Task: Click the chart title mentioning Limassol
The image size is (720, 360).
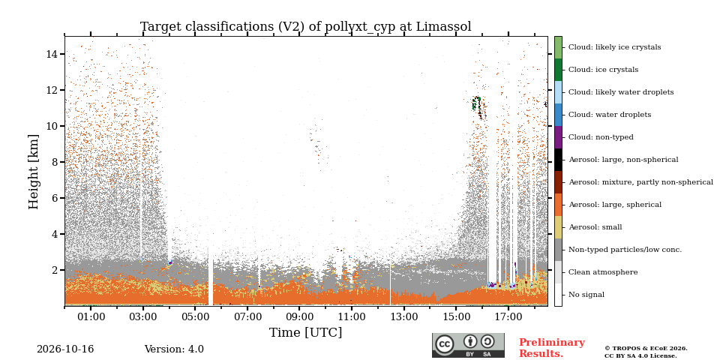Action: pos(305,27)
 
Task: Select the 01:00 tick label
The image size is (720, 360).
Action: pos(91,316)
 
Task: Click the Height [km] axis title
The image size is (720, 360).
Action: pos(34,172)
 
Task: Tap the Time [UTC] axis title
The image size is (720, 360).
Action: pos(305,332)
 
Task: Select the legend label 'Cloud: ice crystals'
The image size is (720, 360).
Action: pos(603,70)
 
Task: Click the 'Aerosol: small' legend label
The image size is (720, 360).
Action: pos(595,227)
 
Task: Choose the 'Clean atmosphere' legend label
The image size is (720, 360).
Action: pos(603,272)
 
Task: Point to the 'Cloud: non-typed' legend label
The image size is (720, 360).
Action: pos(601,137)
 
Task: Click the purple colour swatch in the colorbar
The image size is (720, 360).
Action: pos(558,137)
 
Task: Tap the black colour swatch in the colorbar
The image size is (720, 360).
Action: pos(558,160)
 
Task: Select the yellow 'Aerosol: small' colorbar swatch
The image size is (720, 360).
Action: pos(558,227)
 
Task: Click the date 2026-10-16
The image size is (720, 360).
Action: pos(65,349)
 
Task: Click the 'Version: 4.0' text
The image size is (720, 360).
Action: pos(174,349)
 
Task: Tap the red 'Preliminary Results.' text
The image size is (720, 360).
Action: pos(551,348)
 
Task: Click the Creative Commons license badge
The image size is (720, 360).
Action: pos(468,345)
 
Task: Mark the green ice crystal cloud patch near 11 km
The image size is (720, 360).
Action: pos(476,103)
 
